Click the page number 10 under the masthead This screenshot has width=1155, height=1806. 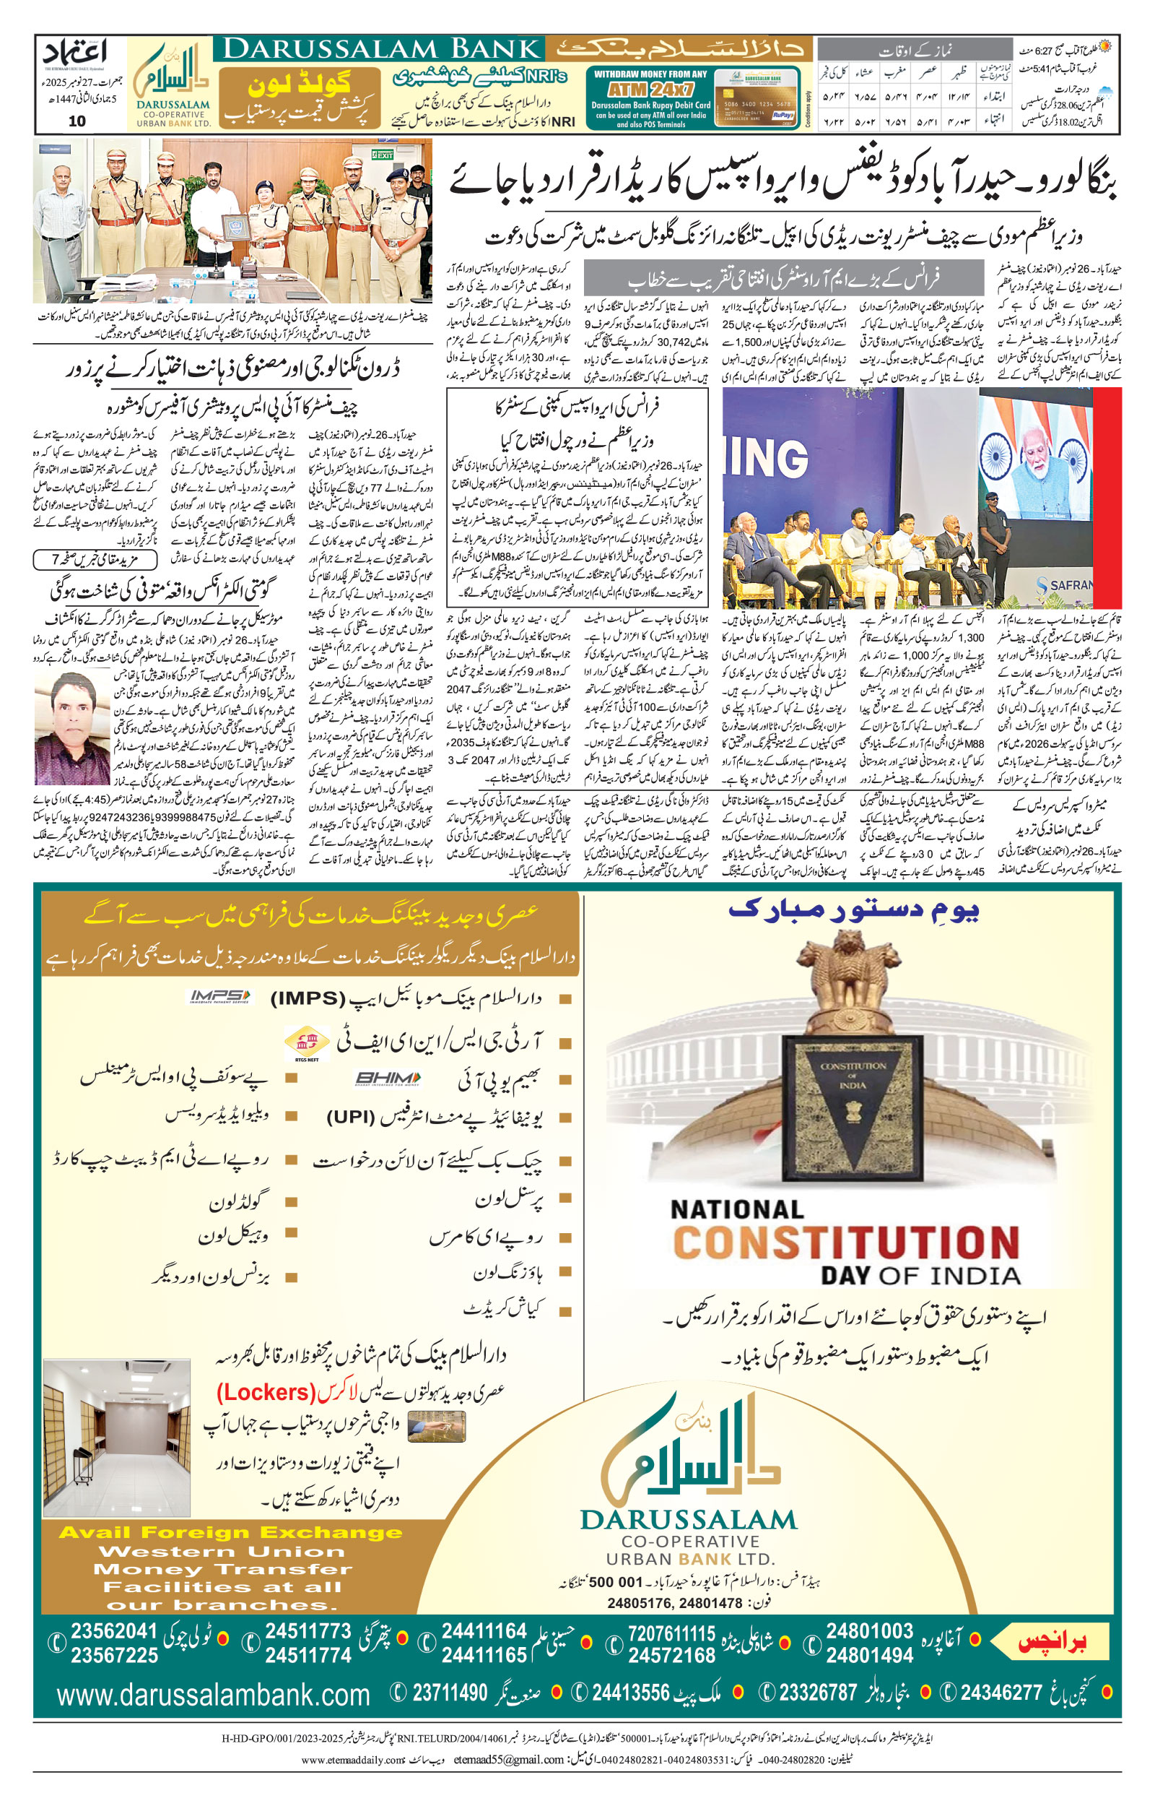(x=77, y=121)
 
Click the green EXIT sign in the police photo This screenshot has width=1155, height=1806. (x=384, y=155)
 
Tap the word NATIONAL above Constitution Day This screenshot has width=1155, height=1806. (x=736, y=1209)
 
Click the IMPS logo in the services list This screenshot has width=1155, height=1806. (x=219, y=996)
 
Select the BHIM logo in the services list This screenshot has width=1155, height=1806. (x=387, y=1079)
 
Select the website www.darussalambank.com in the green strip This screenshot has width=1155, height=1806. (x=213, y=1695)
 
